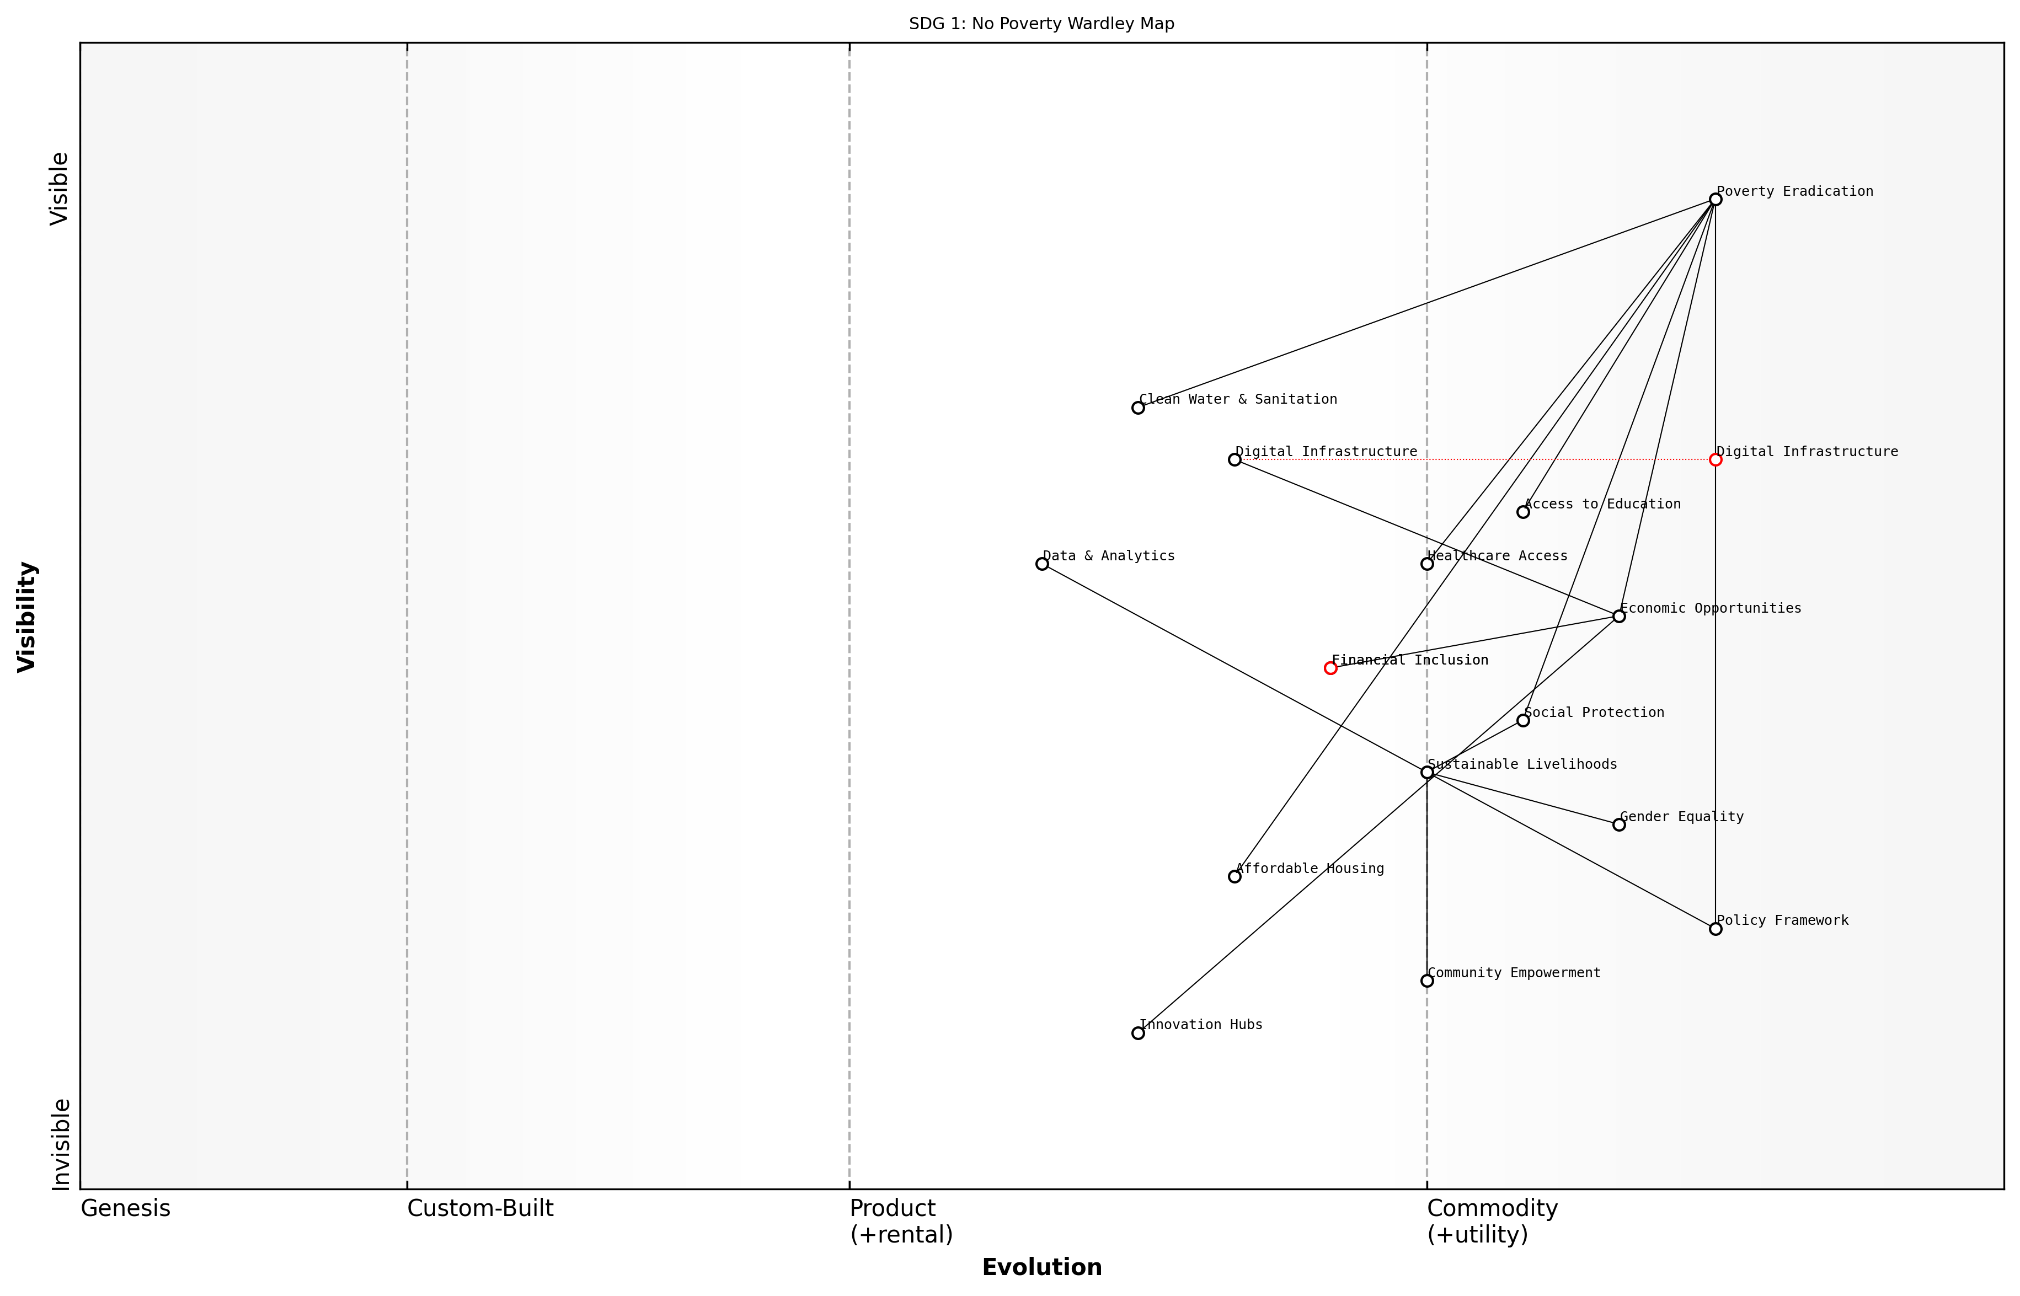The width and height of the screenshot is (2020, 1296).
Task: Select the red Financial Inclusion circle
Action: [x=1330, y=668]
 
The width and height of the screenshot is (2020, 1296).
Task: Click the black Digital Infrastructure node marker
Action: [x=1235, y=459]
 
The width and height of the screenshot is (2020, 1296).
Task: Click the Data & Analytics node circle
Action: [x=1042, y=564]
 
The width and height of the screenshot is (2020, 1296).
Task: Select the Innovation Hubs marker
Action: [x=1138, y=1032]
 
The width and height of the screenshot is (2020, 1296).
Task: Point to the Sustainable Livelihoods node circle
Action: [x=1426, y=773]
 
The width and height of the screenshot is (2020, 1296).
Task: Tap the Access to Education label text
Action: [x=1602, y=504]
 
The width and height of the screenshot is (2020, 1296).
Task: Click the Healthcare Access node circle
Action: [x=1426, y=564]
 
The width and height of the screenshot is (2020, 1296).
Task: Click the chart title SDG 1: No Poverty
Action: [x=1041, y=24]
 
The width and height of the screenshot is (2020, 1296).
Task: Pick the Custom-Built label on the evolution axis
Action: [x=480, y=1208]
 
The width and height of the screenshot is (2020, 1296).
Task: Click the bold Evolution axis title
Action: [x=1041, y=1267]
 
